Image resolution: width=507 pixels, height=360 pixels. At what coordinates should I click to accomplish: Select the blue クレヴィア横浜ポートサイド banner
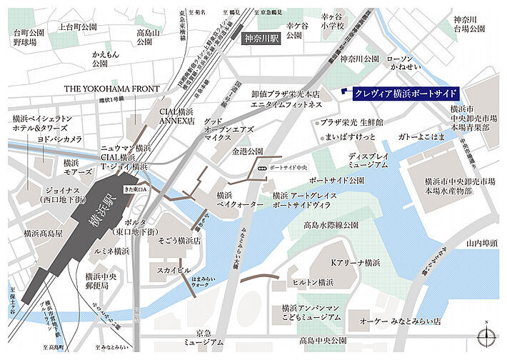coord(398,94)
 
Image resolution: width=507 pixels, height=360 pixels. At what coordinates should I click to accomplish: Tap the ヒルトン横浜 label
coord(317,282)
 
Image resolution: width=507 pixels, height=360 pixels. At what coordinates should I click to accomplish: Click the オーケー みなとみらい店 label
coord(399,321)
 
